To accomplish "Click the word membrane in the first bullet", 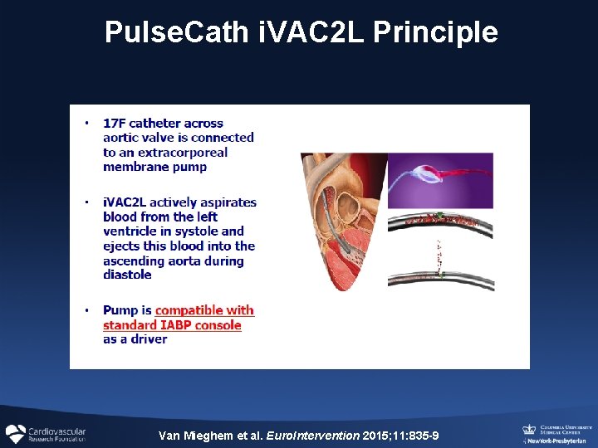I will [x=131, y=167].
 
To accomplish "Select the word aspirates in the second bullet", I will [x=229, y=202].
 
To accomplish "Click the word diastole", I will [x=127, y=275].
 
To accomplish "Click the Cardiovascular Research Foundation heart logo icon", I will [x=16, y=434].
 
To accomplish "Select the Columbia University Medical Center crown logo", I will [x=528, y=429].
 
